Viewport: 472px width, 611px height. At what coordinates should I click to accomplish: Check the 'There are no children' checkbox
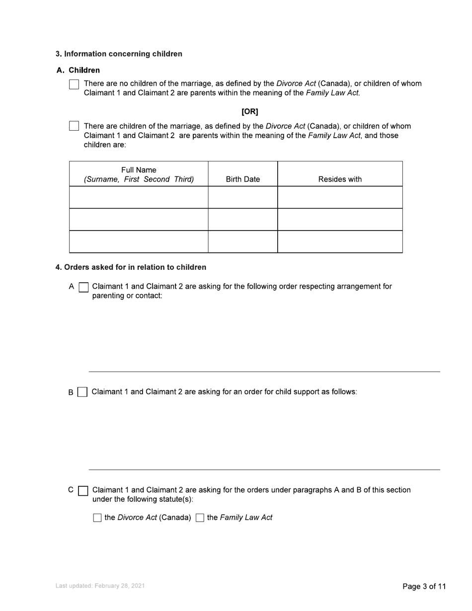coord(74,84)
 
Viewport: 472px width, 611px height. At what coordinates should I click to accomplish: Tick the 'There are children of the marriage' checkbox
coord(74,126)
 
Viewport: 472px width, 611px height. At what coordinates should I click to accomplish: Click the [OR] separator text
coord(249,112)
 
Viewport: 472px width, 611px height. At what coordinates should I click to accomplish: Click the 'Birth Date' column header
coord(242,179)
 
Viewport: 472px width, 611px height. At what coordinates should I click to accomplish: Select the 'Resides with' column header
coord(340,179)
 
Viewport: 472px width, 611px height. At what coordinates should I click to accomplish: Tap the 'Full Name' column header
coord(139,174)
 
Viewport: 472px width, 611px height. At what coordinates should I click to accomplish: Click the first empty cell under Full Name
coord(139,197)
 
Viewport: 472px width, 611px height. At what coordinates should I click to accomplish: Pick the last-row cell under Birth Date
coord(242,241)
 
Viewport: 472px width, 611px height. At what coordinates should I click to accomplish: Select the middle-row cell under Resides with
coord(340,219)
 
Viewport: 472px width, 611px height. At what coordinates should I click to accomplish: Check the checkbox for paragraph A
coord(84,287)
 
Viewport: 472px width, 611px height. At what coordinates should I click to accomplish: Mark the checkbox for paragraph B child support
coord(82,392)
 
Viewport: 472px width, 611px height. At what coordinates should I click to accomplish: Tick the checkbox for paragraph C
coord(83,491)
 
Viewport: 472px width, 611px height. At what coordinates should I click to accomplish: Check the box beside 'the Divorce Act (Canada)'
coord(97,518)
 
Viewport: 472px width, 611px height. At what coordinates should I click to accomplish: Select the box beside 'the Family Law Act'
coord(200,518)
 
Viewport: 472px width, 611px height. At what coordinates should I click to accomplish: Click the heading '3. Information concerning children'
coord(119,54)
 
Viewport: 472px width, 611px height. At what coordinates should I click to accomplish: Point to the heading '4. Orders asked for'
coord(131,267)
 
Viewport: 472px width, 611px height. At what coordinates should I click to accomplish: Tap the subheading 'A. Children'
coord(78,70)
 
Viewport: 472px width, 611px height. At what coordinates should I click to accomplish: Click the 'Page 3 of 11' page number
coord(424,587)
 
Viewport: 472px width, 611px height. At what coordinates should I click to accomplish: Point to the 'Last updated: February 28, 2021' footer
coord(100,586)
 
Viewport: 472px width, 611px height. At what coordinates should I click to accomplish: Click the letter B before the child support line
coord(71,392)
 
